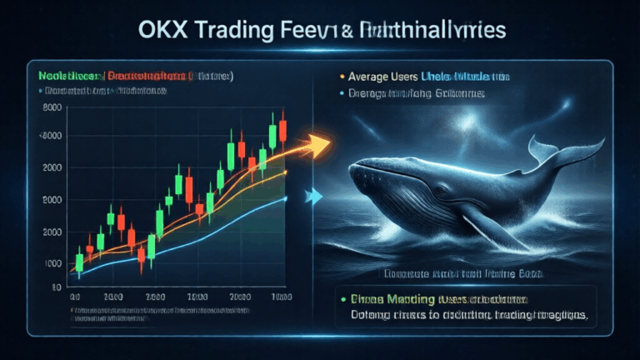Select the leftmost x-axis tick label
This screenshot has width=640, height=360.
pos(75,297)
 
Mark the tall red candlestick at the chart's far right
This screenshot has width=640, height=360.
pos(283,130)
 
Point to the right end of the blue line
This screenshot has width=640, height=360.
pos(286,197)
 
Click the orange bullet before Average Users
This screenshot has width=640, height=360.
pos(342,77)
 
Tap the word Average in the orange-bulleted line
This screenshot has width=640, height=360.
pos(375,77)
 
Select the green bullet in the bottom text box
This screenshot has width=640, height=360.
pos(342,297)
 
